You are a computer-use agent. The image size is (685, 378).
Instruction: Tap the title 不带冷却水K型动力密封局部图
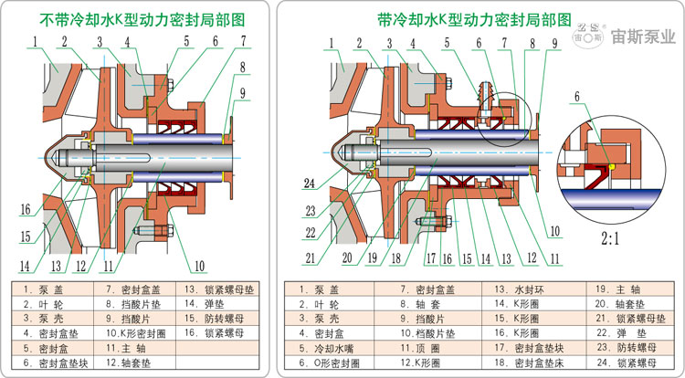(x=134, y=18)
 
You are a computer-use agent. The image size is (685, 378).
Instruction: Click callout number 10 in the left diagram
(x=197, y=267)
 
